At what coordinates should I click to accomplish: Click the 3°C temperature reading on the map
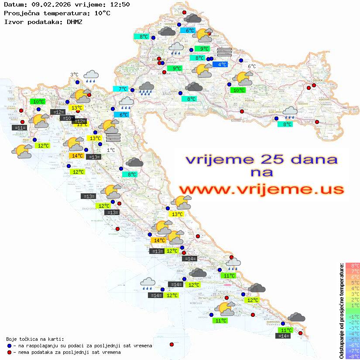(x=74, y=75)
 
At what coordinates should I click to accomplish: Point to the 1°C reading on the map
(x=111, y=150)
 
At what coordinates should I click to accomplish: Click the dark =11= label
(x=20, y=128)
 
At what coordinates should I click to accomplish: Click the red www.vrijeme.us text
(x=261, y=189)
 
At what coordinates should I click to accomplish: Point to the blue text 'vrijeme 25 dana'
(x=261, y=159)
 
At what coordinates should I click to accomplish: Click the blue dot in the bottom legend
(x=10, y=346)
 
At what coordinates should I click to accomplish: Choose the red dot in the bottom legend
(x=10, y=352)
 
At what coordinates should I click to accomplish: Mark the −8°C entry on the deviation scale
(x=353, y=357)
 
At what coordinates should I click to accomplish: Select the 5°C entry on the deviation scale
(x=353, y=283)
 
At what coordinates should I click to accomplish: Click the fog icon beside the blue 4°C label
(x=224, y=52)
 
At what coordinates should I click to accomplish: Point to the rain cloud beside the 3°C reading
(x=91, y=76)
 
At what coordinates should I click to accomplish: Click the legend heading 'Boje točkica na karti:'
(x=35, y=339)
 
